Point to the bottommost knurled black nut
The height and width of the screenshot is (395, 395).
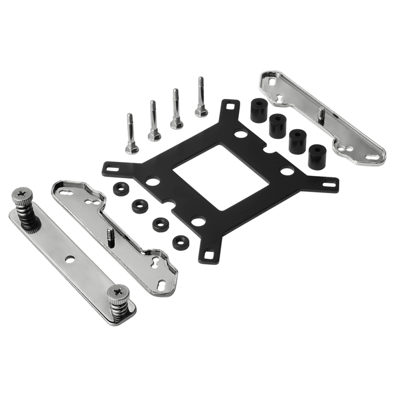179,243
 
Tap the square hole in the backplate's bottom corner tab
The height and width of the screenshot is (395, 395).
208,254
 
